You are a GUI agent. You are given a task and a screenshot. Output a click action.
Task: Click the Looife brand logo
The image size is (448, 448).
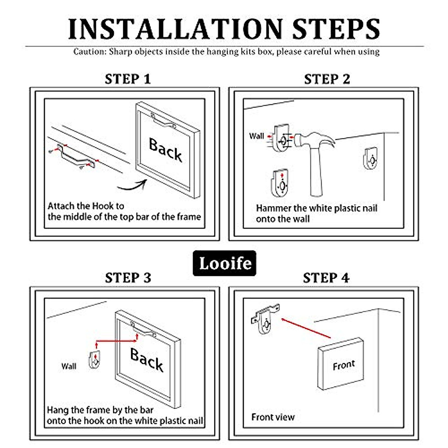pyautogui.click(x=225, y=263)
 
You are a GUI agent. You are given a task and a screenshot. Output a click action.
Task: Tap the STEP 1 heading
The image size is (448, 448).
pyautogui.click(x=128, y=79)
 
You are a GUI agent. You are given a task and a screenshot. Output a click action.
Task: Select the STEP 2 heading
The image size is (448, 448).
pyautogui.click(x=327, y=79)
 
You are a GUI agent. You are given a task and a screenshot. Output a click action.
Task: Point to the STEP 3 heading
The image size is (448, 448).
pyautogui.click(x=128, y=278)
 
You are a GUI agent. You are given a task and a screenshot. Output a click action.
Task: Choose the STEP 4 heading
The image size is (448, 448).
pyautogui.click(x=326, y=278)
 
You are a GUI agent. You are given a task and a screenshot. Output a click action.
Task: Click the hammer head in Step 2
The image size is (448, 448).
pyautogui.click(x=314, y=140)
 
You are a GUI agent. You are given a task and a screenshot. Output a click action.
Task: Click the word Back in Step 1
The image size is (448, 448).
pyautogui.click(x=165, y=149)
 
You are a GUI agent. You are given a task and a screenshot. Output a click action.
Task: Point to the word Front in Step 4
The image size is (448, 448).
pyautogui.click(x=344, y=365)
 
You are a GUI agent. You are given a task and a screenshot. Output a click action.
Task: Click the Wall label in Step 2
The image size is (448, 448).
pyautogui.click(x=256, y=136)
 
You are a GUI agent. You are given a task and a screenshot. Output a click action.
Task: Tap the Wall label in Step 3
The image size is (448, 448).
pyautogui.click(x=69, y=366)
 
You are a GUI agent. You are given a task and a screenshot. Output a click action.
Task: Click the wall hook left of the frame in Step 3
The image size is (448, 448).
pyautogui.click(x=94, y=360)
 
